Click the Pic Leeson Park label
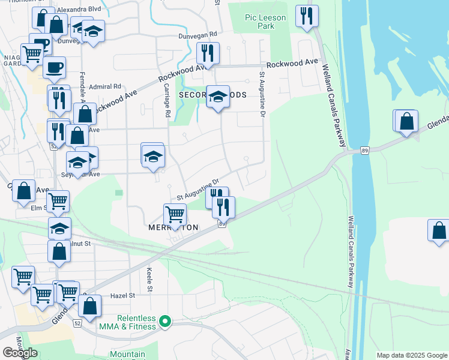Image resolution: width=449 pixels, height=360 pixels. pos(265,22)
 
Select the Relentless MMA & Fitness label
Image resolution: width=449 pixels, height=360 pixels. pos(128,322)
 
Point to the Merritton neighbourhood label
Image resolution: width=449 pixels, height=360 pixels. pos(173,228)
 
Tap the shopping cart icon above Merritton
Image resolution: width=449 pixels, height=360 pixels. pos(175,214)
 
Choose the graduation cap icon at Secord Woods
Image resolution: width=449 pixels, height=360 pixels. pos(218,96)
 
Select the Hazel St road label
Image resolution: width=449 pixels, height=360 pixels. pos(123,296)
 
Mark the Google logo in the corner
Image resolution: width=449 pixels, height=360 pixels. pos(20,353)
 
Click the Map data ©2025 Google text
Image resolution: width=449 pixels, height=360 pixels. pos(412,355)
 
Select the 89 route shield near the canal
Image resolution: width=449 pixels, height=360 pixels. pos(364,149)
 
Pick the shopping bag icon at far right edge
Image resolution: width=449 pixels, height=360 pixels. pos(438,230)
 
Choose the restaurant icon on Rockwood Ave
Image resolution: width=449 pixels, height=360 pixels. pos(208,53)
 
